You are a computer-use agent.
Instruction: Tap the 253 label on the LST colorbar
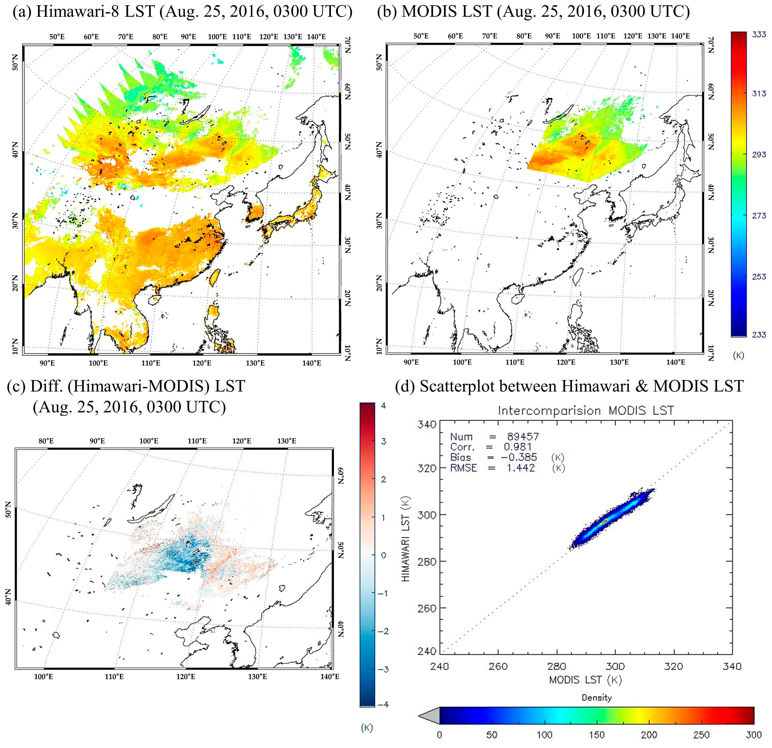[759, 277]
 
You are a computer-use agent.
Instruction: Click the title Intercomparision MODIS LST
[586, 411]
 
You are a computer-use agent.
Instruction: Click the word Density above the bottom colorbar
[597, 698]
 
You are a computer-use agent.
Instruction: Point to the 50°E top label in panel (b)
[421, 36]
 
